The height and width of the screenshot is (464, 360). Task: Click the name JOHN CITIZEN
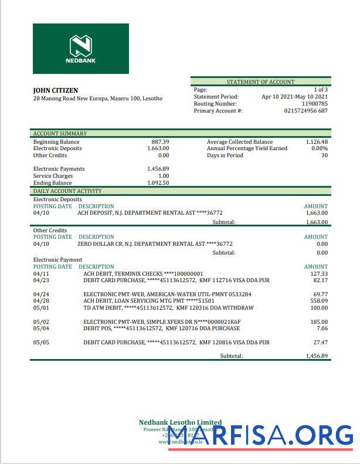pyautogui.click(x=55, y=90)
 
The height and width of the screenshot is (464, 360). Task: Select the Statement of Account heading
pyautogui.click(x=260, y=82)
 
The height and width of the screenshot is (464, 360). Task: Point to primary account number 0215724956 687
pyautogui.click(x=305, y=111)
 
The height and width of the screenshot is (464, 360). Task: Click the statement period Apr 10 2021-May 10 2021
pyautogui.click(x=294, y=97)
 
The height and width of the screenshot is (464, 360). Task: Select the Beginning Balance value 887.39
pyautogui.click(x=160, y=142)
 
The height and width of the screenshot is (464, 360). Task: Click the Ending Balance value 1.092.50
pyautogui.click(x=158, y=183)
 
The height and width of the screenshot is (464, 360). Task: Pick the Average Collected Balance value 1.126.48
pyautogui.click(x=317, y=142)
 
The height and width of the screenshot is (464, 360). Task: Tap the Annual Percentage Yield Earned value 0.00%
pyautogui.click(x=319, y=148)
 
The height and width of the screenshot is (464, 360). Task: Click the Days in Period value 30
pyautogui.click(x=324, y=155)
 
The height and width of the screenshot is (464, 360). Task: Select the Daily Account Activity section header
pyautogui.click(x=67, y=191)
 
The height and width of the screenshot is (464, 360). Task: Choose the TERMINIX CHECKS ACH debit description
pyautogui.click(x=143, y=274)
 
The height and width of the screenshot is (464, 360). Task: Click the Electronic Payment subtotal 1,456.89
pyautogui.click(x=317, y=356)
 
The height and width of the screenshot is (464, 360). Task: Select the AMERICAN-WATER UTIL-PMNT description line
pyautogui.click(x=167, y=294)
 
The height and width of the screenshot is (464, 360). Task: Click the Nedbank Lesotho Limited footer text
pyautogui.click(x=180, y=422)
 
